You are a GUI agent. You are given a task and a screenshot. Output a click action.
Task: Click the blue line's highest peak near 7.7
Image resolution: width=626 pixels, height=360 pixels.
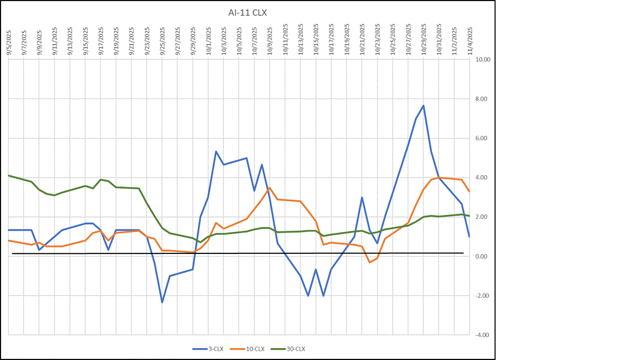click(423, 105)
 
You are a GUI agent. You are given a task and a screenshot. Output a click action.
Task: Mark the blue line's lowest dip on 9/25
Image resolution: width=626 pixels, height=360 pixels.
click(162, 302)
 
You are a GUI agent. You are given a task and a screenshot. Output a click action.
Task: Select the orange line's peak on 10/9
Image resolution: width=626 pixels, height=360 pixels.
click(270, 188)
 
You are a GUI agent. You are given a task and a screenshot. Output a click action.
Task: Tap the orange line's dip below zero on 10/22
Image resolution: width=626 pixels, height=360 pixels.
click(370, 262)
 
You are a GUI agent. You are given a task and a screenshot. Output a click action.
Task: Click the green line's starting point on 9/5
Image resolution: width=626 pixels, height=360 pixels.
click(9, 176)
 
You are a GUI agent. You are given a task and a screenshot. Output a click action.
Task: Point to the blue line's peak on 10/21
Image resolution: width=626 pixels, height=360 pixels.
click(362, 197)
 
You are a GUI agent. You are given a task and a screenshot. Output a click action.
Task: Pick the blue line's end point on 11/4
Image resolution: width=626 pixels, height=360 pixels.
click(469, 237)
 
